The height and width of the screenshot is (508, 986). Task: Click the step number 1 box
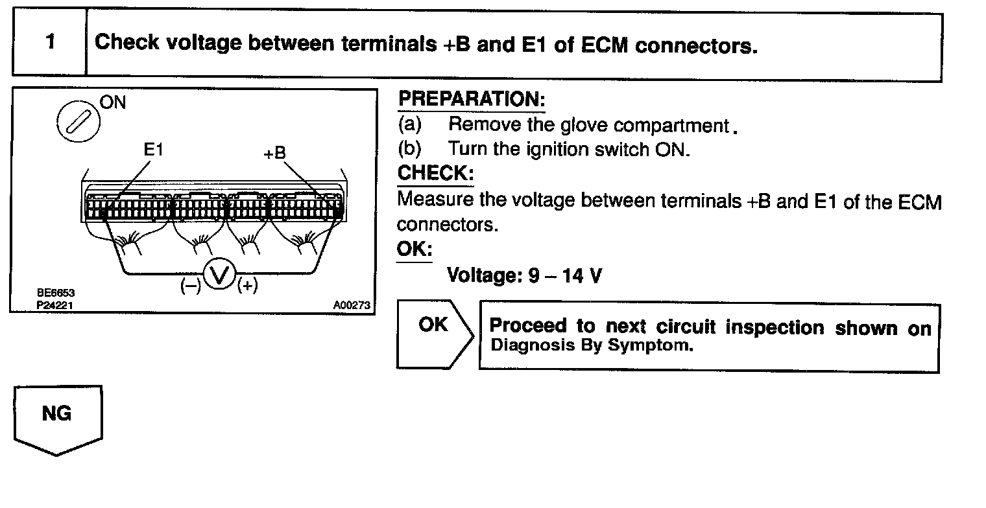pos(50,43)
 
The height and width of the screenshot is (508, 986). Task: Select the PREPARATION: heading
pos(471,100)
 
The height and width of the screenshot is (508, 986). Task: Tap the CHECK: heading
pos(435,174)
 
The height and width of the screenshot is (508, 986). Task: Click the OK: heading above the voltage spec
pos(414,249)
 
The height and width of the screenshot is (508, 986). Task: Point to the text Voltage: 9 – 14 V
pos(524,276)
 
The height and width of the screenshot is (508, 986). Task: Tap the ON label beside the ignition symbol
pos(114,102)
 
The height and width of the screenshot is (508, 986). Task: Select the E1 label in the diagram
pos(154,150)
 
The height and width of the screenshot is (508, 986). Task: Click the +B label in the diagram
pos(274,153)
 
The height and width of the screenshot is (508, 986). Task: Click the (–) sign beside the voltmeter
pos(189,286)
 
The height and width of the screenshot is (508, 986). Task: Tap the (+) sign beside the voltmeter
pos(248,286)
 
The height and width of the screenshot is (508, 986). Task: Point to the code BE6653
pos(51,294)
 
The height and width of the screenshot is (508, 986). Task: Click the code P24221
pos(51,304)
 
